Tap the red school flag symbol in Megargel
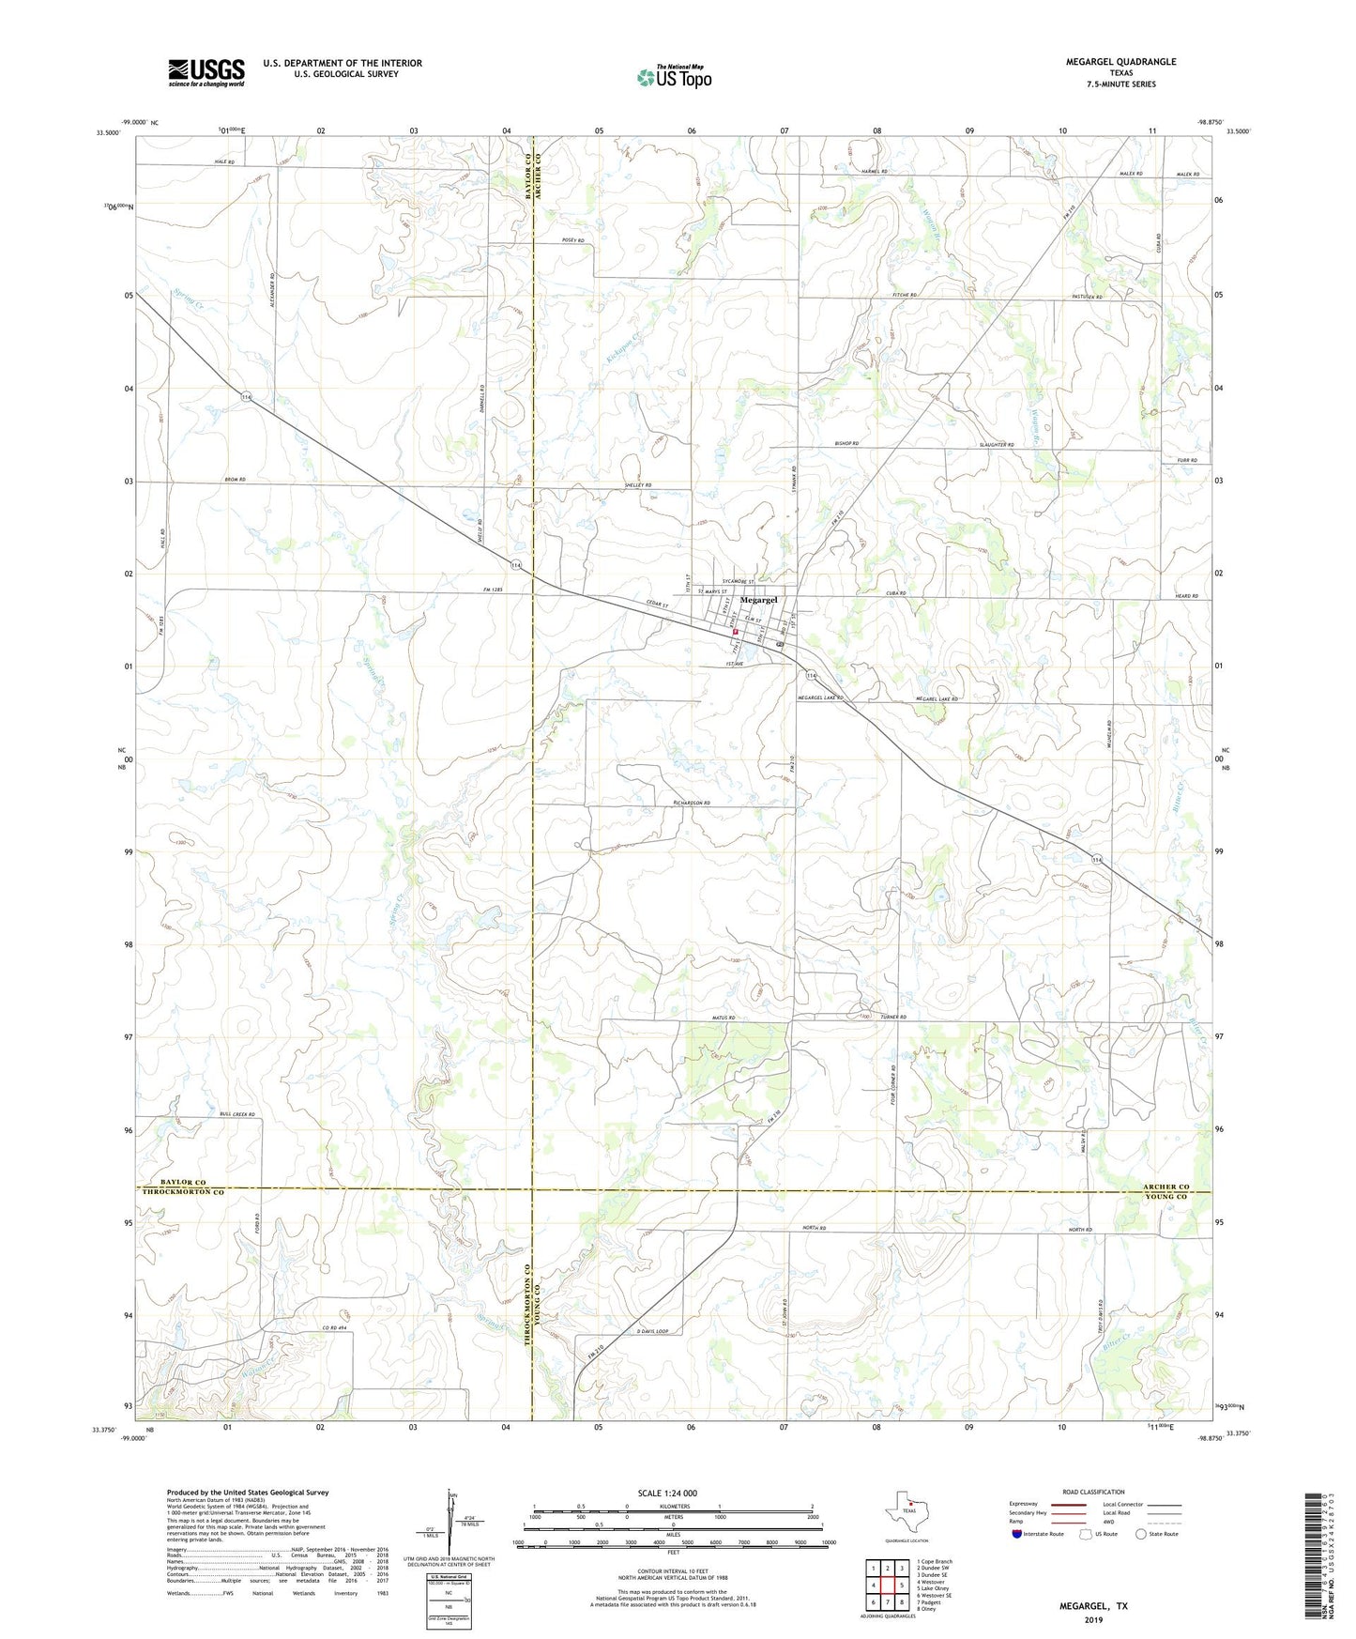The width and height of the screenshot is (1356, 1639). click(736, 633)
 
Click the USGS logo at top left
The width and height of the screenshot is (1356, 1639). click(206, 72)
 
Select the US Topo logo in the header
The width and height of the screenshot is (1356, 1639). click(674, 77)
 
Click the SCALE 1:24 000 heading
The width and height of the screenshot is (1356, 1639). click(667, 1493)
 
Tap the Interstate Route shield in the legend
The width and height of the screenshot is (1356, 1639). click(1018, 1534)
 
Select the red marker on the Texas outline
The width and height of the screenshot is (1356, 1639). click(909, 1509)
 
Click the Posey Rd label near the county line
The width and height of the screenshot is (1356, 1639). click(572, 241)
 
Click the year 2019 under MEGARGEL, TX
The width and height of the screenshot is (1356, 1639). click(1093, 1619)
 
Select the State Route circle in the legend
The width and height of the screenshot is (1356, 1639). click(1141, 1534)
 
